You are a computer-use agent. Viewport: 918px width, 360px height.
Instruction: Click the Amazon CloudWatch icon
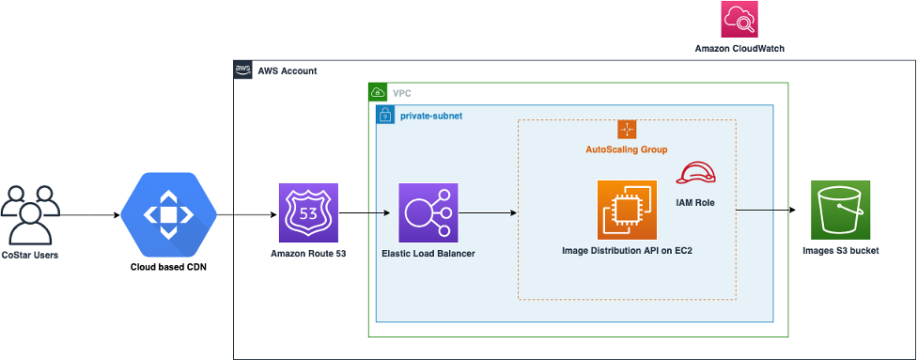739,20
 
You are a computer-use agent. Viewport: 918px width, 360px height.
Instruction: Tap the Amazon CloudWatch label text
739,47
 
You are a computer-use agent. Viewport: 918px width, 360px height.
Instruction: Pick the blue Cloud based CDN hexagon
168,215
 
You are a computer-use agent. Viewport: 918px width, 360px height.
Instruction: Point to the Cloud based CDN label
169,267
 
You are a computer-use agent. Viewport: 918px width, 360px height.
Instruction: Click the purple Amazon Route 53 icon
308,212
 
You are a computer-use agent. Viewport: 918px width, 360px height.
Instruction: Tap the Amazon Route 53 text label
308,254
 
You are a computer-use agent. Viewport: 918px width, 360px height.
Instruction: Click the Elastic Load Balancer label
428,254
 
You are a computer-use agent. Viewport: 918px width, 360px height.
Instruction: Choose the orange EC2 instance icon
627,210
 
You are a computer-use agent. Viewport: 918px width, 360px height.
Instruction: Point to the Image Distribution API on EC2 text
628,251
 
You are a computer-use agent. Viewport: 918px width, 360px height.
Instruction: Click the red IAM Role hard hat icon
696,173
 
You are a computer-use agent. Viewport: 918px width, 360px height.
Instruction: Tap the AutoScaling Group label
627,149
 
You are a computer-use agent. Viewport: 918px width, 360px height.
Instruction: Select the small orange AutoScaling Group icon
628,130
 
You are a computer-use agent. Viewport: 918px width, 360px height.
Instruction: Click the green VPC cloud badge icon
378,93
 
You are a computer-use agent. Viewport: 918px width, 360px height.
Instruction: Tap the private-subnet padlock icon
384,115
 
